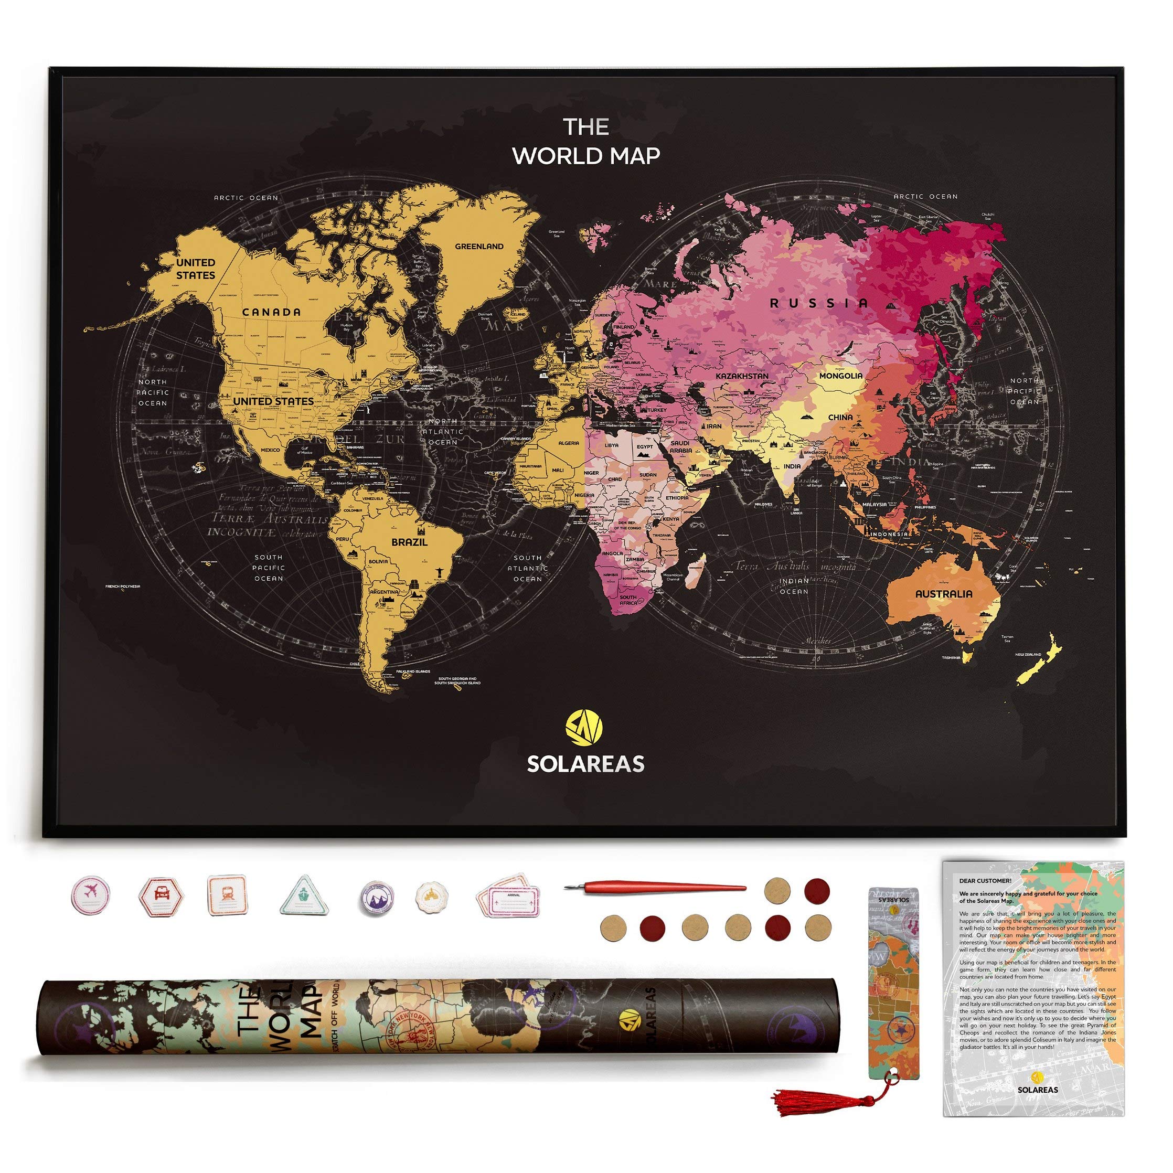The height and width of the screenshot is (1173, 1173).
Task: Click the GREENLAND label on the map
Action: [479, 247]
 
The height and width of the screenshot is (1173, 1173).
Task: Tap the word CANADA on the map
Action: [271, 312]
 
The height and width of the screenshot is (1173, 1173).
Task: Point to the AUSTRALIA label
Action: [944, 594]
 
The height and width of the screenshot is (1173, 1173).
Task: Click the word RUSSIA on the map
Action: [819, 303]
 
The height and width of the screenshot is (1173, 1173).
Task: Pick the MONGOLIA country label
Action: [841, 376]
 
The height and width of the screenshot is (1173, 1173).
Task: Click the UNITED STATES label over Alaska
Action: [196, 269]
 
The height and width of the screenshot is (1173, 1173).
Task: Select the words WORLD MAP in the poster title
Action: [586, 156]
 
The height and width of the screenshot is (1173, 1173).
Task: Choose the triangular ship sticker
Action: [305, 895]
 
